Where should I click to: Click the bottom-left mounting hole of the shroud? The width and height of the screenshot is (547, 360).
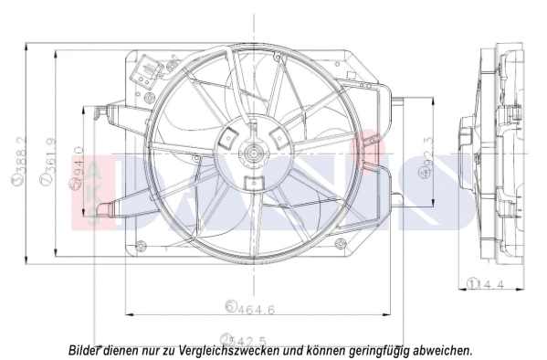tap(140, 244)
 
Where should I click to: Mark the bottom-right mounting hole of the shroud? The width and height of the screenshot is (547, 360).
tap(340, 243)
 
